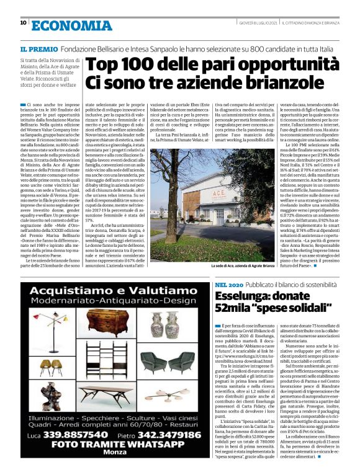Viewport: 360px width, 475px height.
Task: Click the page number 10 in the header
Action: (x=23, y=23)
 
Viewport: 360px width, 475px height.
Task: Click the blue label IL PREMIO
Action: (x=39, y=48)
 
